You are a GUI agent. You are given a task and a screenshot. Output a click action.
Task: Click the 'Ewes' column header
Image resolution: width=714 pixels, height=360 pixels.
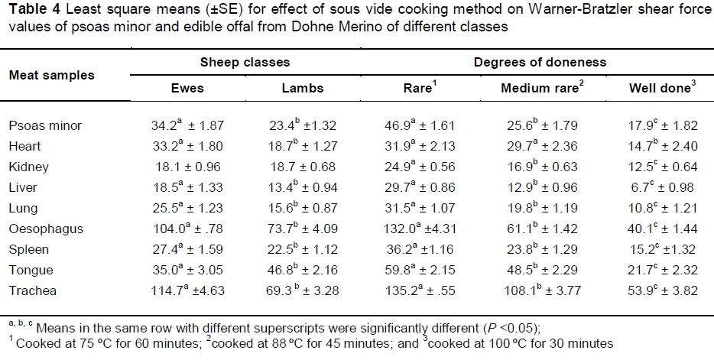[187, 88]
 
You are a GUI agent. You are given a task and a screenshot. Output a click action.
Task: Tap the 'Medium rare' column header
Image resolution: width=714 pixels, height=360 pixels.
[541, 88]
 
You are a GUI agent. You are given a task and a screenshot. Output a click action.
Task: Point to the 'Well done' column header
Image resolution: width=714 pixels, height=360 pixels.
[660, 88]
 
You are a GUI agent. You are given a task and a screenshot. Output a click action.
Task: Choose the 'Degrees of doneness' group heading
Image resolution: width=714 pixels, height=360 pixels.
[533, 61]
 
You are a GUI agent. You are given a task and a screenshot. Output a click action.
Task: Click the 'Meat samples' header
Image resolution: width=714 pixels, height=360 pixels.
[51, 75]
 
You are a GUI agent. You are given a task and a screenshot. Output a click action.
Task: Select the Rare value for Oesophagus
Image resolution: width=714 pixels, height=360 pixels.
[419, 229]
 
